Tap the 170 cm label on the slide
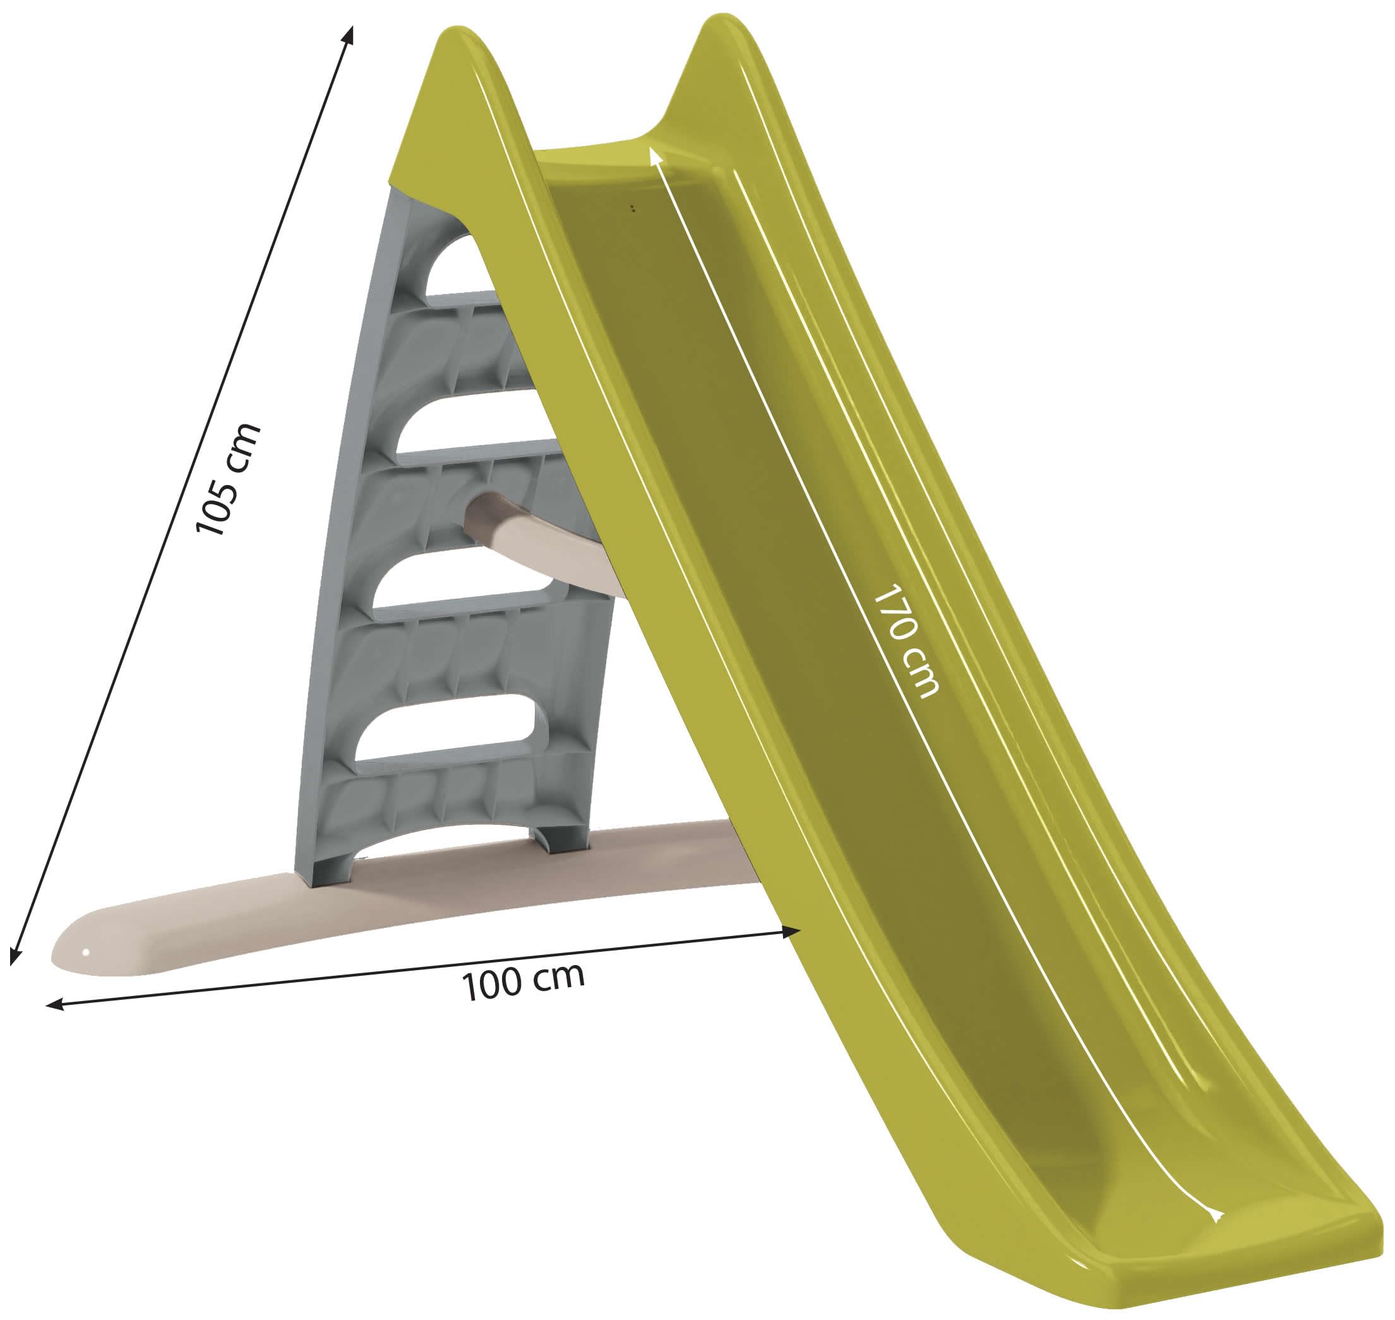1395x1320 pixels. tap(905, 641)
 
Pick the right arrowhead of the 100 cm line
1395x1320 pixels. tap(791, 932)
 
